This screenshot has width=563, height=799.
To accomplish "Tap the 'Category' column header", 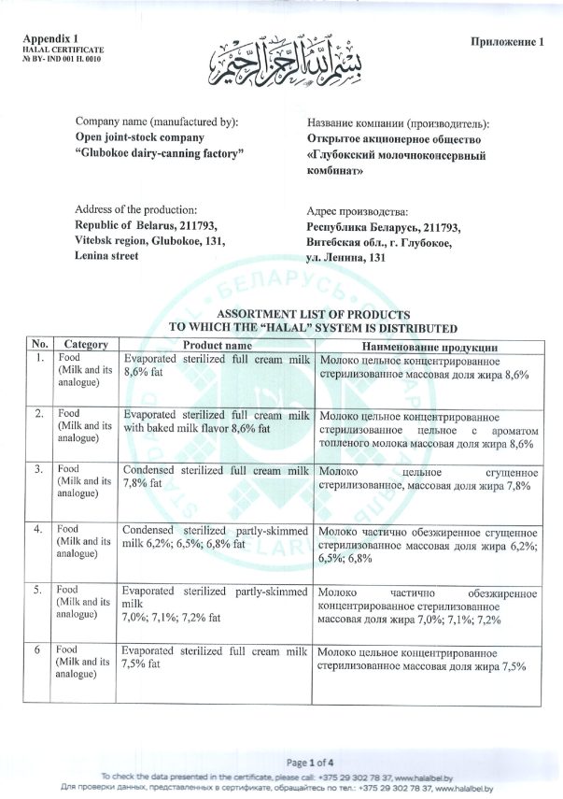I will [85, 344].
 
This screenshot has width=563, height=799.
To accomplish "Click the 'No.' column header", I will [39, 344].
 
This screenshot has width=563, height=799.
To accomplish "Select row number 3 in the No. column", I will [40, 468].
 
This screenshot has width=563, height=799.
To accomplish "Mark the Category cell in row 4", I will [85, 541].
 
